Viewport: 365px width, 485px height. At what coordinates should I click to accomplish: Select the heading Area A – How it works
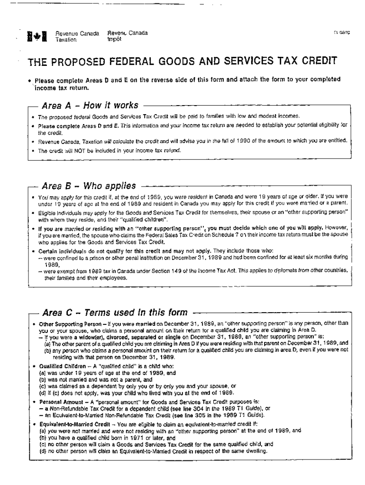click(90, 105)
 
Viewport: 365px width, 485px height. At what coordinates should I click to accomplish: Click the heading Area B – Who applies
click(89, 185)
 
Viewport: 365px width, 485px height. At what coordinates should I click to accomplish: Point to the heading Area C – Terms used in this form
click(115, 313)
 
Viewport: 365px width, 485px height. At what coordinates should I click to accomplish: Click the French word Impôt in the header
click(114, 39)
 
